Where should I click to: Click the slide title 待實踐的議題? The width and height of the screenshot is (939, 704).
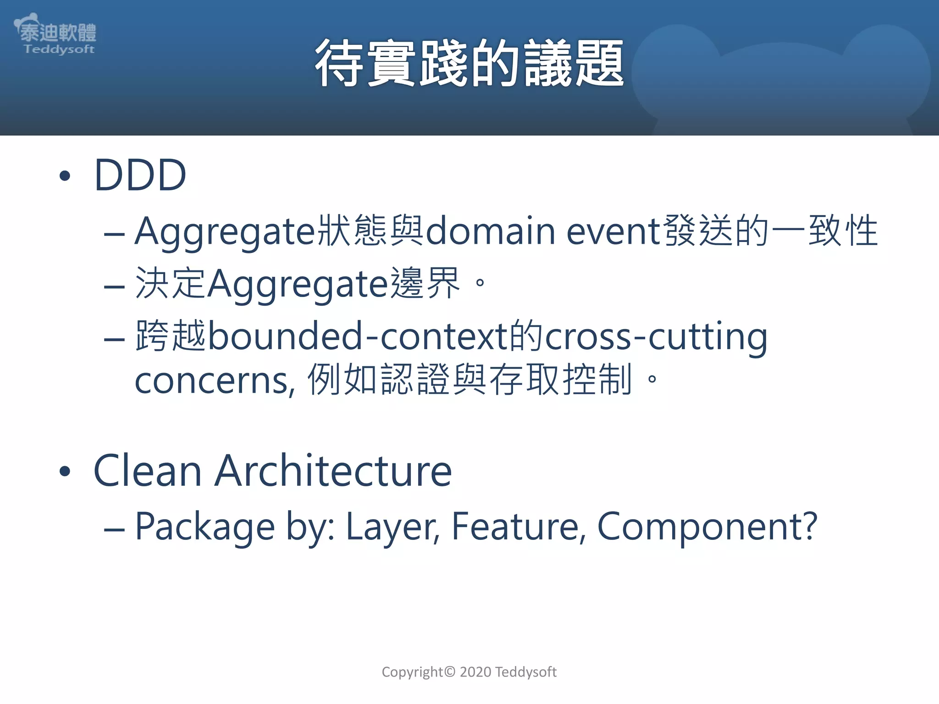pos(469,63)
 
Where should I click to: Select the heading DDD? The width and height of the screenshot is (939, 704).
pos(140,175)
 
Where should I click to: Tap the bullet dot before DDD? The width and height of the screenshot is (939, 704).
pos(65,176)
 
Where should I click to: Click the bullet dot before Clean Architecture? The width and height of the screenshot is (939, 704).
pos(65,472)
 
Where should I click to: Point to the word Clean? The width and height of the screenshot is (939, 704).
pos(147,471)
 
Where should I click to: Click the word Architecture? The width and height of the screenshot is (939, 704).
pos(333,471)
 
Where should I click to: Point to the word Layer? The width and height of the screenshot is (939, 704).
pos(392,527)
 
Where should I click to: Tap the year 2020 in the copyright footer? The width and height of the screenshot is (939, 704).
pos(475,672)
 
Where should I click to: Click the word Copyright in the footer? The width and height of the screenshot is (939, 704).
pos(412,672)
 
